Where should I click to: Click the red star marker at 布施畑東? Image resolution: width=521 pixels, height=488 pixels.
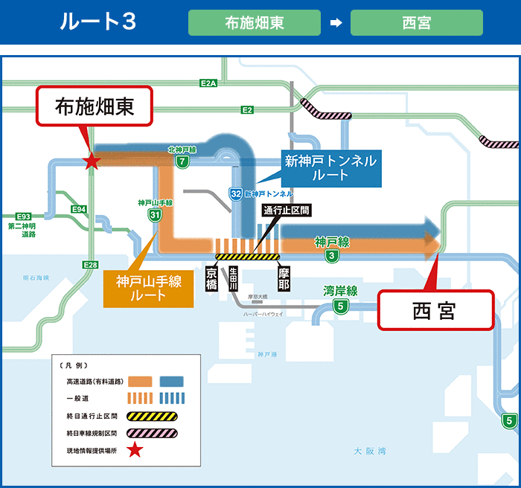[91, 160]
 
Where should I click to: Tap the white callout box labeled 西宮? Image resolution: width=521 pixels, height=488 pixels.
[436, 310]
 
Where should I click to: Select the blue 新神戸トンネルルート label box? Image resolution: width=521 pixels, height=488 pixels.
[330, 168]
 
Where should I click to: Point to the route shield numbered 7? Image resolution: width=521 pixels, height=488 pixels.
[182, 161]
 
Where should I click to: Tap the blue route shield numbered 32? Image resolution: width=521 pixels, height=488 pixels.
[234, 193]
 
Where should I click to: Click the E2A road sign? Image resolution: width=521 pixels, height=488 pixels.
[208, 83]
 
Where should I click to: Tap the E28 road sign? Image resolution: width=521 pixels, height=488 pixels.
[90, 265]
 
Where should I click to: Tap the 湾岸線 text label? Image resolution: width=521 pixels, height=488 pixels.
[341, 290]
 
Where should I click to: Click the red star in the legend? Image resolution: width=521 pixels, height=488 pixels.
[135, 449]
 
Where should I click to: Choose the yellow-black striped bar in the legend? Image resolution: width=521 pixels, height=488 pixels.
[152, 416]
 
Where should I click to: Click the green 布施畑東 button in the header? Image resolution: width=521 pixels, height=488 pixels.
[254, 22]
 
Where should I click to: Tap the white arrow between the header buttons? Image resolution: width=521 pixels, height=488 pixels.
[336, 22]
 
